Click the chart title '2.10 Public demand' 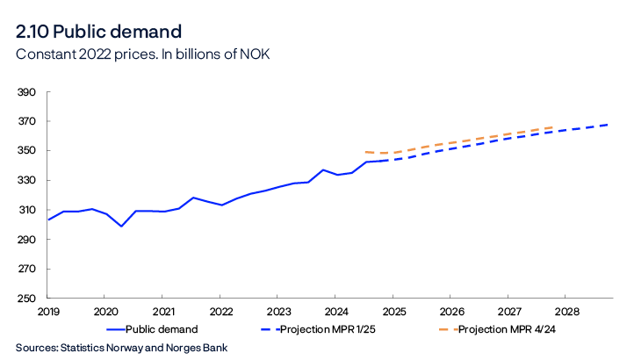(98, 32)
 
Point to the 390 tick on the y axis (26, 92)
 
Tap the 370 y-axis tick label (26, 121)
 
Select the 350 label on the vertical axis (26, 151)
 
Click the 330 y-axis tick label (26, 181)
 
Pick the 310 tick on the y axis (26, 211)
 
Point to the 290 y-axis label (26, 240)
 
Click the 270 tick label (26, 270)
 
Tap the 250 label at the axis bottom (26, 299)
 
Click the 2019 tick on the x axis (47, 312)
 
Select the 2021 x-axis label (163, 312)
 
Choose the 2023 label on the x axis (278, 312)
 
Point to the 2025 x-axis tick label (393, 312)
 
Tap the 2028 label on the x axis (567, 312)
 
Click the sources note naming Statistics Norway (121, 348)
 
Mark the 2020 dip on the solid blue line (122, 227)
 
